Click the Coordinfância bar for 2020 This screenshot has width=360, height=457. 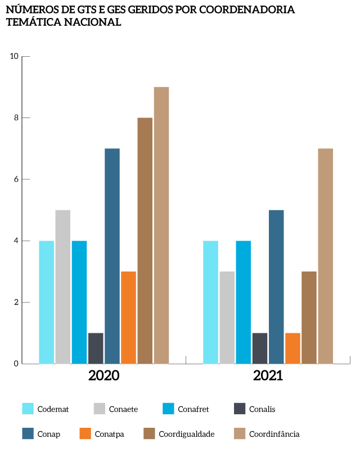pyautogui.click(x=161, y=225)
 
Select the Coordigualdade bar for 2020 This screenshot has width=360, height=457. pyautogui.click(x=145, y=241)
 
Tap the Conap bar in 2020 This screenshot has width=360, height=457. pyautogui.click(x=112, y=256)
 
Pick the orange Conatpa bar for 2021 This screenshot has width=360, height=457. pyautogui.click(x=292, y=349)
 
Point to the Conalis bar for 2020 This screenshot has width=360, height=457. pyautogui.click(x=96, y=349)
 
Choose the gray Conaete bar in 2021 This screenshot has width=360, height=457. pyautogui.click(x=227, y=318)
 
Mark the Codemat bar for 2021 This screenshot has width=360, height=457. pyautogui.click(x=210, y=302)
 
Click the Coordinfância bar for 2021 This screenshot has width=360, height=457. pyautogui.click(x=326, y=256)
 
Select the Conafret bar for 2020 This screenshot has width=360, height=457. pyautogui.click(x=79, y=302)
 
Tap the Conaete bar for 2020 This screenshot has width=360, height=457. pyautogui.click(x=63, y=287)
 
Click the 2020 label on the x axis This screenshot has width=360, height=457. pyautogui.click(x=103, y=375)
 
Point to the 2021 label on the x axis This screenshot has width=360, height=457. pyautogui.click(x=268, y=375)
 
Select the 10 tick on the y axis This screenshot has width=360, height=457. pyautogui.click(x=14, y=56)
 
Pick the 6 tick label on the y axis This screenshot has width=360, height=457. pyautogui.click(x=16, y=179)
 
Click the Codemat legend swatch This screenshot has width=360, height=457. pyautogui.click(x=28, y=409)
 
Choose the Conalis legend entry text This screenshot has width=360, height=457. pyautogui.click(x=262, y=409)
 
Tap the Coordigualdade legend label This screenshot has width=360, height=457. pyautogui.click(x=187, y=434)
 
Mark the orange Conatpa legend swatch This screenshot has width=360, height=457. pyautogui.click(x=85, y=433)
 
